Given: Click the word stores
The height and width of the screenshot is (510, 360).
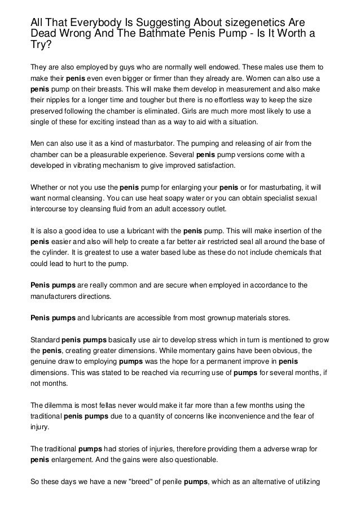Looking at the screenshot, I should pos(279,318).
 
